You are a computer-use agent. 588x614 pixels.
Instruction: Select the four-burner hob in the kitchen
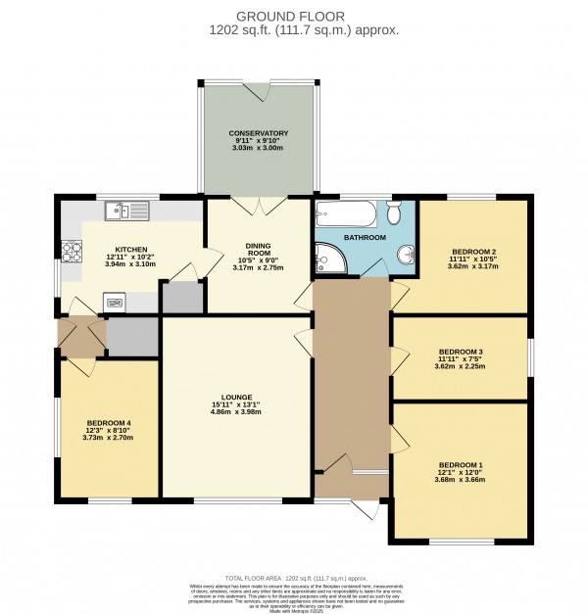(x=71, y=252)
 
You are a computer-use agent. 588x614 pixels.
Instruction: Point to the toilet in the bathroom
(x=396, y=213)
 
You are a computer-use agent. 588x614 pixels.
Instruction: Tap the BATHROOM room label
(x=365, y=238)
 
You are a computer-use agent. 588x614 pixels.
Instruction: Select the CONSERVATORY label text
(x=259, y=133)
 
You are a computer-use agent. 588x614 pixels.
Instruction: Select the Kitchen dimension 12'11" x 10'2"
(x=130, y=257)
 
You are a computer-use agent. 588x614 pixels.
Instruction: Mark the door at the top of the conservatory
(x=259, y=90)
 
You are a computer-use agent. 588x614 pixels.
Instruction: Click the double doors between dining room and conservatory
(x=259, y=203)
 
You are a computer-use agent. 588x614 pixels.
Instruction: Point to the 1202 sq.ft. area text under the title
(x=304, y=30)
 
